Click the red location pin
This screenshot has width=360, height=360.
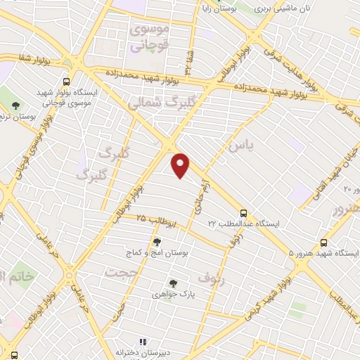(181, 165)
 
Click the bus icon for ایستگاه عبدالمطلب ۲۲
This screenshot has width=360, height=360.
(243, 212)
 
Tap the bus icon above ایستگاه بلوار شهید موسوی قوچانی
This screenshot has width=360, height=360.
(65, 81)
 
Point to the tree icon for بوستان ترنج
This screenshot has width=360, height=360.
(15, 105)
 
